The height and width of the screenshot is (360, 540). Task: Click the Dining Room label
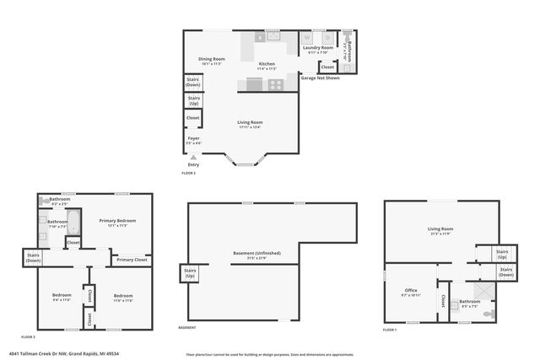pyautogui.click(x=212, y=59)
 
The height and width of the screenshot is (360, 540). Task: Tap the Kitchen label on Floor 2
pyautogui.click(x=267, y=64)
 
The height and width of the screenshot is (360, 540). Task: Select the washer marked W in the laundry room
pyautogui.click(x=307, y=38)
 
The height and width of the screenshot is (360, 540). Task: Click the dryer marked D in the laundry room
pyautogui.click(x=327, y=38)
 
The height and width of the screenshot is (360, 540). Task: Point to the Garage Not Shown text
pyautogui.click(x=320, y=78)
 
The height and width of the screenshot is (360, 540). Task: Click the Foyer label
pyautogui.click(x=193, y=137)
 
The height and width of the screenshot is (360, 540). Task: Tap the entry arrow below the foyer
pyautogui.click(x=193, y=157)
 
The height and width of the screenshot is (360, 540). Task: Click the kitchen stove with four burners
pyautogui.click(x=276, y=84)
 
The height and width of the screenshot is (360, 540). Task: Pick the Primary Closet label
pyautogui.click(x=132, y=260)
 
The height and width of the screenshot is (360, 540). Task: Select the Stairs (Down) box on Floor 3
pyautogui.click(x=34, y=257)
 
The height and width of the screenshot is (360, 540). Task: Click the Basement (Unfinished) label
pyautogui.click(x=256, y=253)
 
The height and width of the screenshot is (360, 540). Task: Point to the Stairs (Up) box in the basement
pyautogui.click(x=190, y=274)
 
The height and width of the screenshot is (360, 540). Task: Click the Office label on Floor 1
pyautogui.click(x=411, y=291)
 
